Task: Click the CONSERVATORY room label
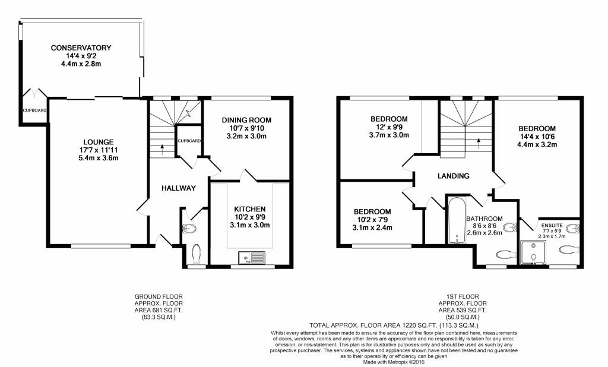(x=81, y=48)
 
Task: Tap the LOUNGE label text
(x=99, y=142)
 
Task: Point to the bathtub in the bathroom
(x=457, y=220)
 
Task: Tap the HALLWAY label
(x=178, y=188)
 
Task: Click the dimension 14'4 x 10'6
(x=536, y=137)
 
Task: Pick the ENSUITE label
(x=550, y=225)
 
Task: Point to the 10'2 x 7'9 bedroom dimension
(x=372, y=220)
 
